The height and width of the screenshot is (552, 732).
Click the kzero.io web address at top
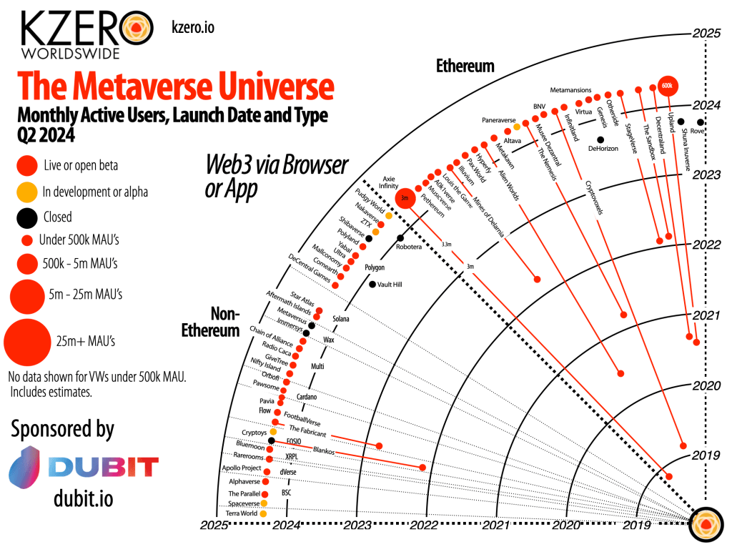click(193, 27)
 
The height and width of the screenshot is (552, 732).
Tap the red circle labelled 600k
click(668, 85)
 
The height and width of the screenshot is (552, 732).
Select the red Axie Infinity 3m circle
click(404, 197)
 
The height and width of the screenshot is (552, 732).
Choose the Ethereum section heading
click(465, 66)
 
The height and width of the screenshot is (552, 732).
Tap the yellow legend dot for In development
click(27, 192)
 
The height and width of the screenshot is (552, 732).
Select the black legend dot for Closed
click(27, 217)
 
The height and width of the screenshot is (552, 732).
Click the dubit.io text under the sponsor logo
click(83, 498)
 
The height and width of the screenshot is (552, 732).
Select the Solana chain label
click(341, 318)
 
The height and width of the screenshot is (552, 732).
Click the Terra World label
click(242, 513)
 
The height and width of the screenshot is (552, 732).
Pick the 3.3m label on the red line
click(447, 244)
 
